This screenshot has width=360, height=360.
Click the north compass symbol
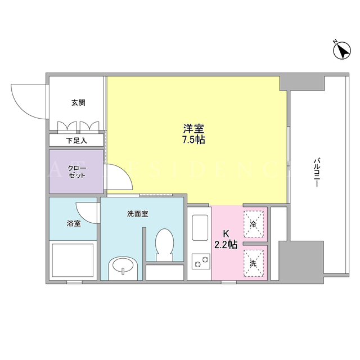click(342, 51)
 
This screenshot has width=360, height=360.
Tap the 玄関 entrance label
click(79, 102)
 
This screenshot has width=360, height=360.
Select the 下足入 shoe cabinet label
click(76, 140)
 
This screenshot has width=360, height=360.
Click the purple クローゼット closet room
click(76, 172)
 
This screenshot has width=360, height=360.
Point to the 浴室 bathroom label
click(74, 223)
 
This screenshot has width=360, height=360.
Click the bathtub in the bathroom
click(73, 260)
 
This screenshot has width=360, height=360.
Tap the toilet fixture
click(165, 245)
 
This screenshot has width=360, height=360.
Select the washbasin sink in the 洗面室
click(123, 268)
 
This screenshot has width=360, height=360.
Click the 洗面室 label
click(137, 214)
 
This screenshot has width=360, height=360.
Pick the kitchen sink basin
click(200, 227)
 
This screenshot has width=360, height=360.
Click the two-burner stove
click(201, 262)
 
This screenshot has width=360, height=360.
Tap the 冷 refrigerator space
click(254, 224)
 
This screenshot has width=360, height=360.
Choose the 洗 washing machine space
click(254, 263)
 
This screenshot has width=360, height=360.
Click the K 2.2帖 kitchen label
click(226, 240)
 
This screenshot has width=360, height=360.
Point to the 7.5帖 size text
click(193, 139)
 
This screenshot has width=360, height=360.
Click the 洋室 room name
click(193, 129)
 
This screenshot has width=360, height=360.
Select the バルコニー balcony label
click(317, 172)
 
